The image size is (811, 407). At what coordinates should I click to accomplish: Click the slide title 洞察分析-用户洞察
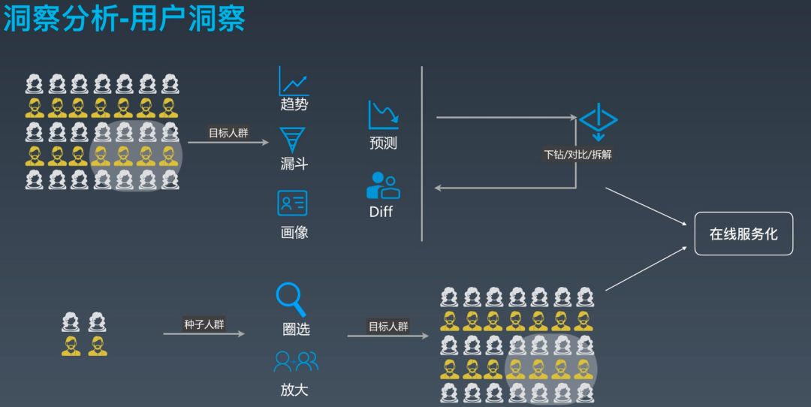click(x=124, y=19)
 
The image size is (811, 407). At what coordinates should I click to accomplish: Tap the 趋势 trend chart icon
click(x=294, y=81)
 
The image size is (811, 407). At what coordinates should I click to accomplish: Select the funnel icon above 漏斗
click(x=293, y=140)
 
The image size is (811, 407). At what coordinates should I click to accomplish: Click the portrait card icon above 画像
click(x=293, y=203)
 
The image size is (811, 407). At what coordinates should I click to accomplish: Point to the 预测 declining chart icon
click(x=383, y=115)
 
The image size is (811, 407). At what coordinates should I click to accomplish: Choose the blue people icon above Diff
click(x=382, y=185)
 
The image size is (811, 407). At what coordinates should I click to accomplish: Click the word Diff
click(x=381, y=212)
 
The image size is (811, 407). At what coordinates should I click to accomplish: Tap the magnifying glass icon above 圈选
click(x=291, y=298)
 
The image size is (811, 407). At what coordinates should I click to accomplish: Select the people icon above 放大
click(x=295, y=363)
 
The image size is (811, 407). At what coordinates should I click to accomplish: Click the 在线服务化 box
click(x=743, y=234)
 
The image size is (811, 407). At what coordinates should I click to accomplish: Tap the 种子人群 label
click(x=204, y=324)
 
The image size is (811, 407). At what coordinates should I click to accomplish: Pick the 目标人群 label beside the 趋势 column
click(x=228, y=133)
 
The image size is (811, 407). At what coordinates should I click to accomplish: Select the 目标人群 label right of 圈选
click(x=388, y=327)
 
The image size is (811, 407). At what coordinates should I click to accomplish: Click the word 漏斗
click(x=294, y=164)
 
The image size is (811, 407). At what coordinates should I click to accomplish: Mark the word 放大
click(x=294, y=390)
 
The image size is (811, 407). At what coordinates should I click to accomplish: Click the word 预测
click(x=383, y=143)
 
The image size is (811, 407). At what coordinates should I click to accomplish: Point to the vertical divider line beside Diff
click(x=422, y=154)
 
